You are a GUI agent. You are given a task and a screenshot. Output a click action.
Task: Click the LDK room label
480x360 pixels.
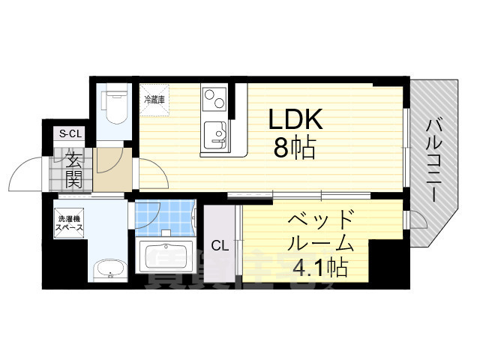pos(296,119)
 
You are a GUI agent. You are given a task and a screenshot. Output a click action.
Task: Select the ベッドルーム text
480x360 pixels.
pos(320,232)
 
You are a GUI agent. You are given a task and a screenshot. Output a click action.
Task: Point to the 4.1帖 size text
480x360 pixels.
pos(319,266)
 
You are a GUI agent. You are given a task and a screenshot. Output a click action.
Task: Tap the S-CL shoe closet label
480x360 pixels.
pos(70,133)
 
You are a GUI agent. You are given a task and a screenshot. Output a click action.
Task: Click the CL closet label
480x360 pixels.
pos(220,245)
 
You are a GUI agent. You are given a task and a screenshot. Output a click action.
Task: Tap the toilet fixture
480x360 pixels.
pos(115,105)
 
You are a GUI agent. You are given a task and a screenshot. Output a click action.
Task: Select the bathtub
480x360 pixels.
pos(166,259)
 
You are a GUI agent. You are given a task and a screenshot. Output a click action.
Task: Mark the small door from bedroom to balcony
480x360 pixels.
pos(415,220)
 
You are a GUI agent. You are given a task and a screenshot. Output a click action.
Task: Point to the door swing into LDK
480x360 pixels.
pos(154,176)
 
